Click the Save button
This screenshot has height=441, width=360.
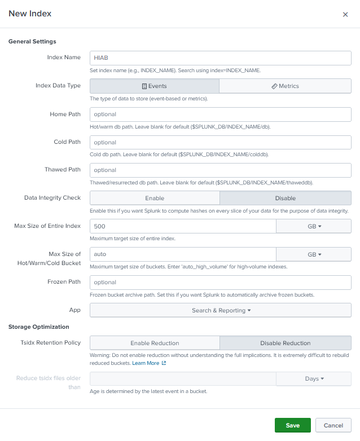292,425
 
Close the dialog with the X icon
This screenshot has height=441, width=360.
345,15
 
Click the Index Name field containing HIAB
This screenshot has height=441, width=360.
220,58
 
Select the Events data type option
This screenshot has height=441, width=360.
154,86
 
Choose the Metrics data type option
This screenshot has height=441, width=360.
285,86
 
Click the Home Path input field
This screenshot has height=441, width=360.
220,114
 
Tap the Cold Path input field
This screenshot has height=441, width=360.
220,142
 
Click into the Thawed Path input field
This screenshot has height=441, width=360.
220,170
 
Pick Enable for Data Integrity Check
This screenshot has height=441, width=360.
154,198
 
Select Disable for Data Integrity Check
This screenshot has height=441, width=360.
285,198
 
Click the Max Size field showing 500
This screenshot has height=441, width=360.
182,226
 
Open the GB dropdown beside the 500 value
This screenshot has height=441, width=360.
314,226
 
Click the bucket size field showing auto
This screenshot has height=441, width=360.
182,254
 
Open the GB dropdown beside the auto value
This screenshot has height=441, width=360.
314,254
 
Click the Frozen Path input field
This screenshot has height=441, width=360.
220,282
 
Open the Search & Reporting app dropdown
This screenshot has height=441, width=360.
220,310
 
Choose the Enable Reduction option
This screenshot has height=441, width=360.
154,343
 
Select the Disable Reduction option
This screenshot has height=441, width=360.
285,343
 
